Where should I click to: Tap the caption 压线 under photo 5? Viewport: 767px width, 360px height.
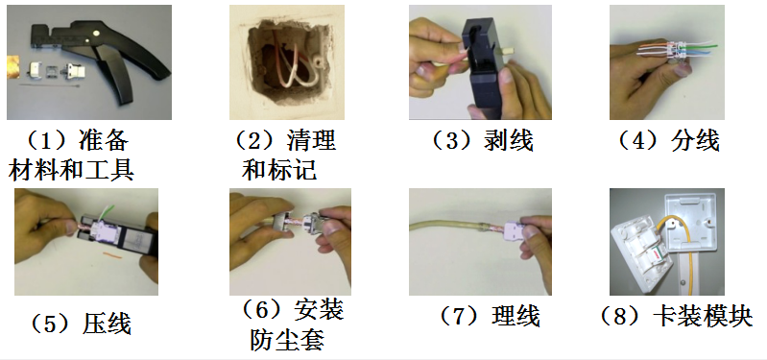click(x=107, y=324)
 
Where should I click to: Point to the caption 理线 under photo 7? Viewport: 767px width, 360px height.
click(x=515, y=316)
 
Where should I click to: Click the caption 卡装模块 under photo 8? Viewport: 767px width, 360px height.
click(x=703, y=317)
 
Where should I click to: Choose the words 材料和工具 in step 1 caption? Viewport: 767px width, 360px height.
click(x=71, y=171)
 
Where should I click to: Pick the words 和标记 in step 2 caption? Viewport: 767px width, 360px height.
click(x=278, y=171)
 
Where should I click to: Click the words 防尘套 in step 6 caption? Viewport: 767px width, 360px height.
click(x=287, y=340)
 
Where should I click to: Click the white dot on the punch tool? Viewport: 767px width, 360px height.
click(x=96, y=34)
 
